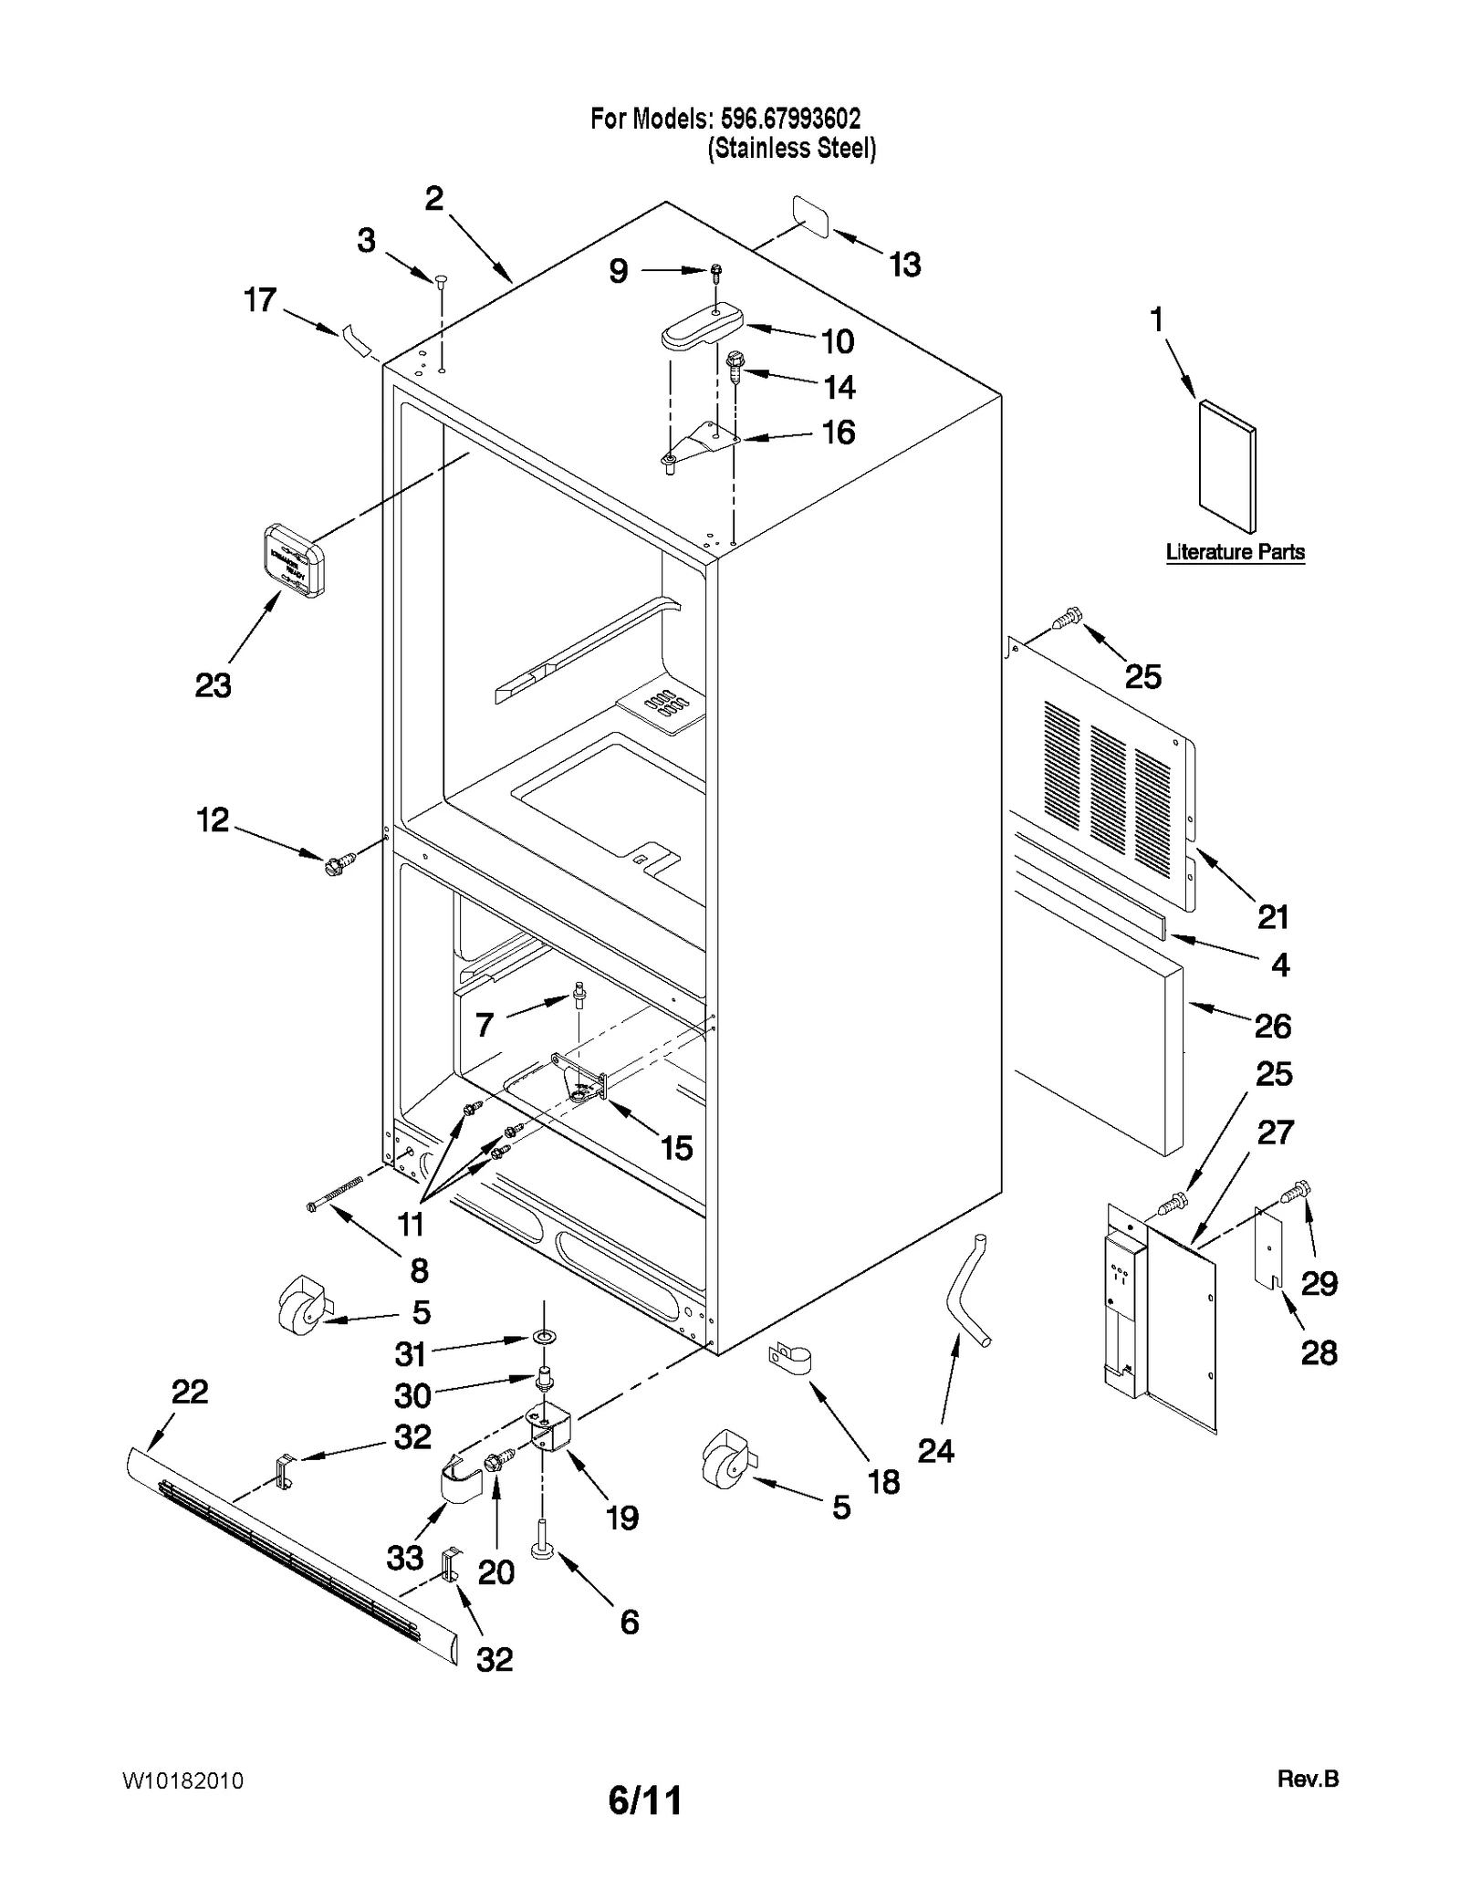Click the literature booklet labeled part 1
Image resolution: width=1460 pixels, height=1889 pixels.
1226,465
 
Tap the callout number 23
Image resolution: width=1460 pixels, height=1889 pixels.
213,685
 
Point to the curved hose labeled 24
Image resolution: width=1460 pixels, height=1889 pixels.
967,1290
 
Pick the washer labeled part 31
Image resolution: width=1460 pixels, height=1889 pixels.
545,1338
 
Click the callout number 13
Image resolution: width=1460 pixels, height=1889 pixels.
904,265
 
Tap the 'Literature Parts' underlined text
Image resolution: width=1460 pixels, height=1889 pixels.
1235,552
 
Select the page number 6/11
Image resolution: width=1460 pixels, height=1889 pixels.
644,1801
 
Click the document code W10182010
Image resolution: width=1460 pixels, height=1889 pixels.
182,1780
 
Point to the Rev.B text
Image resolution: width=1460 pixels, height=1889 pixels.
1308,1779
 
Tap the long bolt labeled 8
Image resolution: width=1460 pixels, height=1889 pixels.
336,1194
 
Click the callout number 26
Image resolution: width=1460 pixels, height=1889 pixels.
1272,1026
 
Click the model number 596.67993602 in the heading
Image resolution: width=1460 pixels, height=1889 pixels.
790,119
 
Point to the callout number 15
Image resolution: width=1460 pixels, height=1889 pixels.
676,1147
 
